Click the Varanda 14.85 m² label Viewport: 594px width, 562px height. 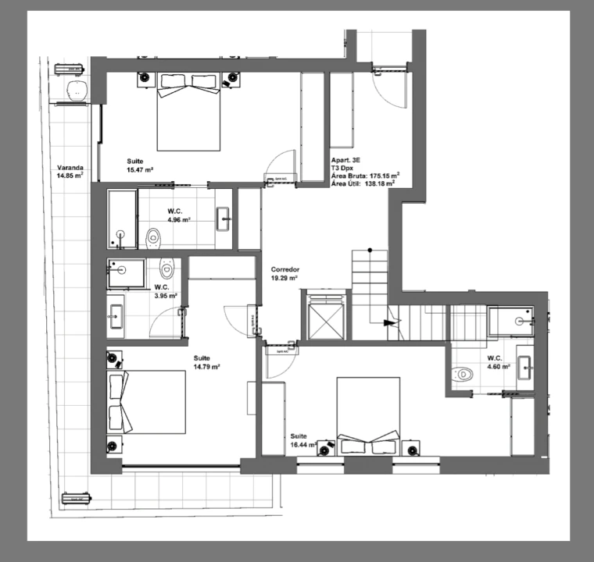click(x=70, y=172)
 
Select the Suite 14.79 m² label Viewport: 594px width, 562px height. click(x=206, y=362)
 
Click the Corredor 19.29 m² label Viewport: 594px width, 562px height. click(x=284, y=273)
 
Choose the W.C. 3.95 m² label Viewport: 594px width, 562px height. click(x=166, y=291)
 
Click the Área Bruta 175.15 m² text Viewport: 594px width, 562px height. click(x=365, y=176)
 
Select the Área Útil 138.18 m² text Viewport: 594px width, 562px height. click(x=365, y=184)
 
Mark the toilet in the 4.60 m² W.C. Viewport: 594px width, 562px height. click(x=463, y=375)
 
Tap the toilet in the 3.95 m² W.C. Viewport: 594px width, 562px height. click(x=165, y=269)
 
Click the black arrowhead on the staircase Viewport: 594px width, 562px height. click(x=388, y=322)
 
